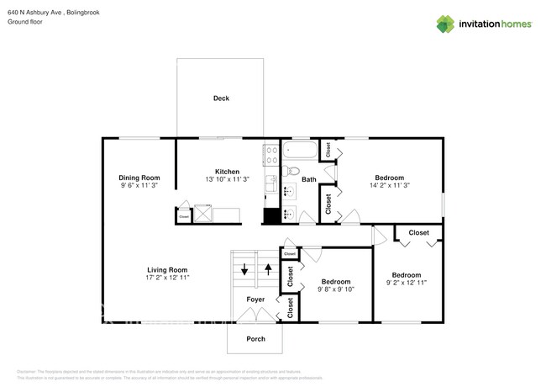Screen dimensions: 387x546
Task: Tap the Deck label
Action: pos(221,98)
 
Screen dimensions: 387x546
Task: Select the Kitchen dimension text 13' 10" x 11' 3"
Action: pos(227,180)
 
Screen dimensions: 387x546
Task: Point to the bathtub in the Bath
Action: pos(299,151)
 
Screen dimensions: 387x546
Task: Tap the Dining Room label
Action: pos(139,178)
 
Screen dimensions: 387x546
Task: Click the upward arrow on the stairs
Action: pos(268,270)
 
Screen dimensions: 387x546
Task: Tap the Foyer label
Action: pos(256,299)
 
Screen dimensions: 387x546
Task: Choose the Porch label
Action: pos(255,338)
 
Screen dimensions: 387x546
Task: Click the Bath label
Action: pos(309,179)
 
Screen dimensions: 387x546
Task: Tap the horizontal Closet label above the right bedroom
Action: pos(418,233)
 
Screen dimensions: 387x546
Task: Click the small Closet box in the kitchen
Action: pos(184,216)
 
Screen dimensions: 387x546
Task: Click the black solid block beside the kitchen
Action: pos(270,216)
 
